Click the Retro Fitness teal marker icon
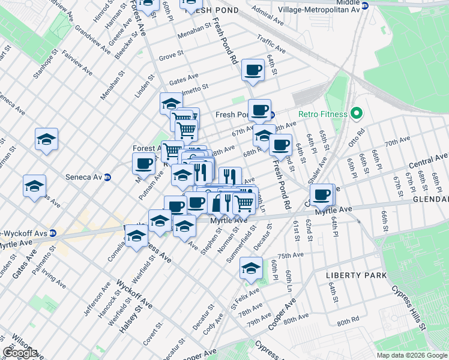[356, 113]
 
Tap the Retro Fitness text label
[324, 114]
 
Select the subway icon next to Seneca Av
[107, 178]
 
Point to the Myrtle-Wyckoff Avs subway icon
[52, 233]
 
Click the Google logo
[20, 353]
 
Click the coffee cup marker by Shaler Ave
[322, 194]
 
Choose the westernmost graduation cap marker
[34, 185]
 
